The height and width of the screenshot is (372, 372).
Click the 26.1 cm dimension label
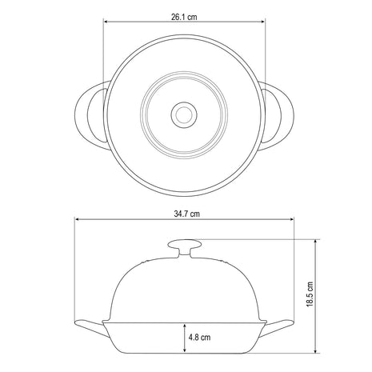tap(184, 17)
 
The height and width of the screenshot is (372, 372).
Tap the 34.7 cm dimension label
tap(186, 214)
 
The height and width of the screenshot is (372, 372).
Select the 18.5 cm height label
tap(310, 294)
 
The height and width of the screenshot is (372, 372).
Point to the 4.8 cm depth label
tap(199, 338)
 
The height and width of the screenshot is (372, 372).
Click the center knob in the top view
tap(184, 115)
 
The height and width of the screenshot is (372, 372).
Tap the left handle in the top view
tap(90, 115)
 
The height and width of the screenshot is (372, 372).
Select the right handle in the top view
tap(278, 116)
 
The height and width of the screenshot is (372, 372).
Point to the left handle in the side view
tap(92, 328)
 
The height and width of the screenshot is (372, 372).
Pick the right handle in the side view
tap(277, 328)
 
